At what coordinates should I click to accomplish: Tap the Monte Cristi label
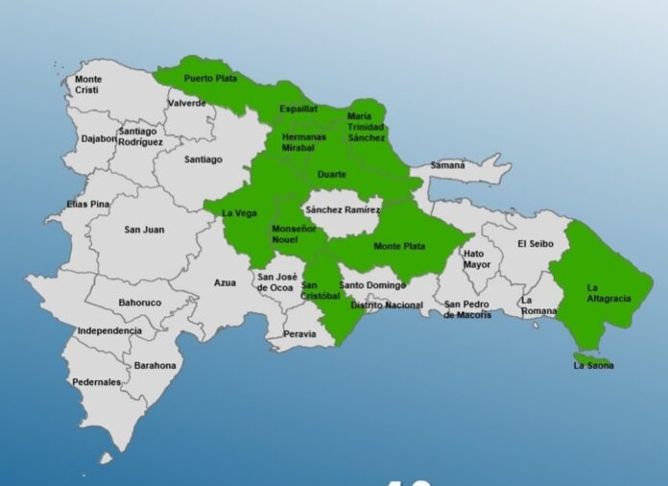(x=88, y=85)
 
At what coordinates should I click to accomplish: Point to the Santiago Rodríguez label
(x=140, y=136)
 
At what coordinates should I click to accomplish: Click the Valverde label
(x=186, y=103)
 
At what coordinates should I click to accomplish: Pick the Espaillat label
(x=298, y=109)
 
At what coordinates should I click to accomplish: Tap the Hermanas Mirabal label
(x=303, y=143)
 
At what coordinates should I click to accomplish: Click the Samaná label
(x=447, y=165)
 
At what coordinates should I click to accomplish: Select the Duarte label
(x=332, y=175)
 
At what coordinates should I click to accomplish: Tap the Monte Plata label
(x=399, y=247)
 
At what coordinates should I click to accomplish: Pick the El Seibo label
(x=535, y=244)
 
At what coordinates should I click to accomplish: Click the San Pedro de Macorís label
(x=467, y=310)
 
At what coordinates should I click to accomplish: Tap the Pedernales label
(x=97, y=382)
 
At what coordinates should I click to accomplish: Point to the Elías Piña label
(x=89, y=205)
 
